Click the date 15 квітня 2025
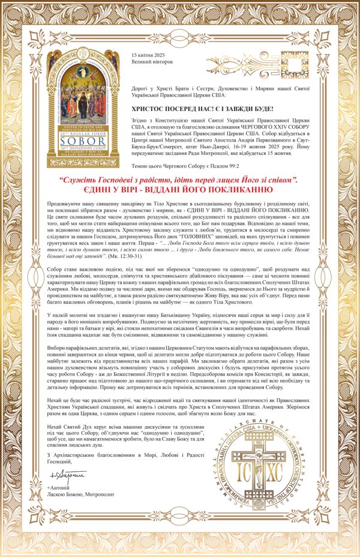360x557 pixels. pyautogui.click(x=147, y=55)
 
